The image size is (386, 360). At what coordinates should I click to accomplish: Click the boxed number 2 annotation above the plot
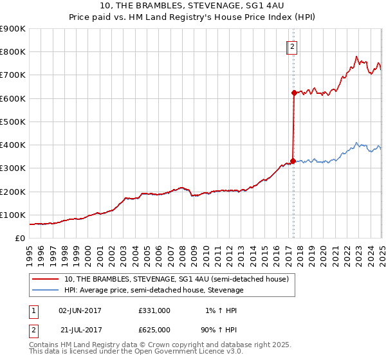point(291,46)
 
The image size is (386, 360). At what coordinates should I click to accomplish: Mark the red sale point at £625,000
point(293,93)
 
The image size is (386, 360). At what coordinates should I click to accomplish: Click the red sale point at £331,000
point(293,161)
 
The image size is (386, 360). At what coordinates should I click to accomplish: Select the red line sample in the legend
point(46,279)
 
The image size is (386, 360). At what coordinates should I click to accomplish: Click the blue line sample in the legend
point(46,290)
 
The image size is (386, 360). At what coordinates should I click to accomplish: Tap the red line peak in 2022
point(356,57)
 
